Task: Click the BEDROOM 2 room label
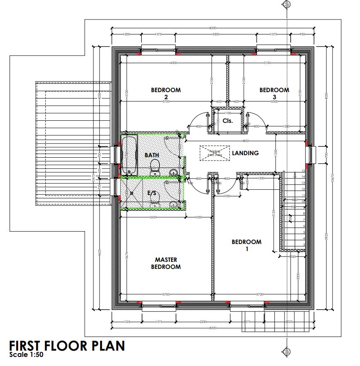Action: [166, 93]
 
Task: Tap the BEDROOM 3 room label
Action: [274, 93]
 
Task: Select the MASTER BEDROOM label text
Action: [166, 263]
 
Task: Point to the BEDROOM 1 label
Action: [247, 245]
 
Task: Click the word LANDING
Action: [245, 153]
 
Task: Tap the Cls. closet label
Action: [227, 121]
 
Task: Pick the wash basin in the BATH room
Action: [174, 172]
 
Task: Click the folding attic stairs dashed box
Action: [214, 151]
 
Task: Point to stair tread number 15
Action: [304, 170]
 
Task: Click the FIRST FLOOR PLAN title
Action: [66, 346]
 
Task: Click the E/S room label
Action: [152, 193]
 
